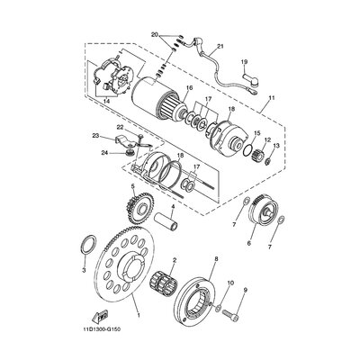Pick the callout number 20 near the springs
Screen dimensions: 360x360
(155, 34)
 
